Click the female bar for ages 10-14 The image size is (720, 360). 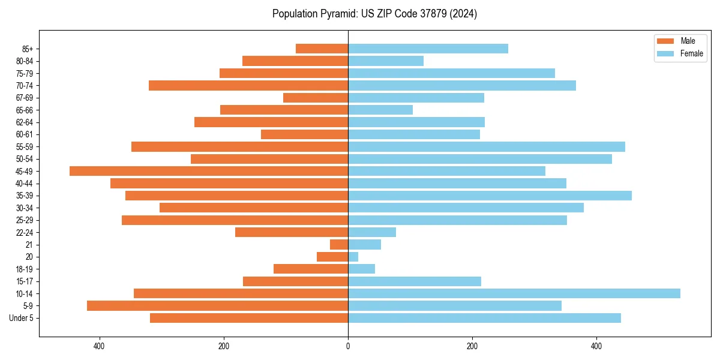[514, 293]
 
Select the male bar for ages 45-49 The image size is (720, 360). [209, 171]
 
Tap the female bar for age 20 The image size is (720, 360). [353, 257]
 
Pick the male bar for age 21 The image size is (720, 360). [339, 245]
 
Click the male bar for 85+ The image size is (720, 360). [322, 49]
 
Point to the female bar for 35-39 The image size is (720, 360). [490, 196]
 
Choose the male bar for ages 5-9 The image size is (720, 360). [218, 306]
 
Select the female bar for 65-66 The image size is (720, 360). [380, 110]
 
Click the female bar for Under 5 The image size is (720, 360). [484, 318]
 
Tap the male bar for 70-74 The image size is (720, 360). [248, 85]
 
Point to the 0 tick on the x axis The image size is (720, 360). [348, 346]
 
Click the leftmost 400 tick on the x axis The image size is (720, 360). [100, 346]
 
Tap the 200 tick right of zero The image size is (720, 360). [472, 346]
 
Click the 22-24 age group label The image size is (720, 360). [25, 233]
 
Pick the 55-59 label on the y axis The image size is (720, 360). [25, 147]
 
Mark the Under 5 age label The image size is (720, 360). [22, 318]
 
